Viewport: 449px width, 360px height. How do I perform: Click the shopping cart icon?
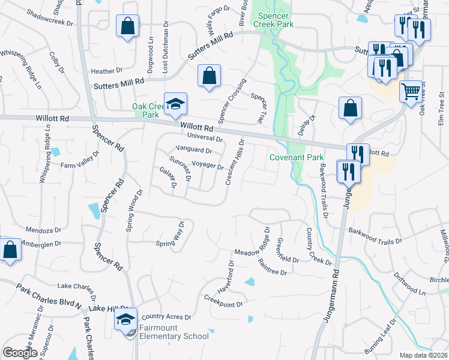click(411, 92)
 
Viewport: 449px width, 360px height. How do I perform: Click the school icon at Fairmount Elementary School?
click(125, 319)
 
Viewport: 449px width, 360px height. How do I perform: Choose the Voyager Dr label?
click(208, 166)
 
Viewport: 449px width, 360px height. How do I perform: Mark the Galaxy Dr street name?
click(167, 178)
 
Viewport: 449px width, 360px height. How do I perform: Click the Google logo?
click(20, 353)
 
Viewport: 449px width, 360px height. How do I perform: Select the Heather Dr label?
click(107, 71)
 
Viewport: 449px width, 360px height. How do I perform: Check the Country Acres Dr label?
click(166, 317)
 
